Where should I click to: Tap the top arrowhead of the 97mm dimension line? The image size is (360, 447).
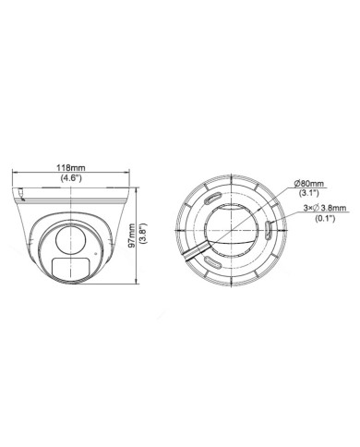click(137, 180)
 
